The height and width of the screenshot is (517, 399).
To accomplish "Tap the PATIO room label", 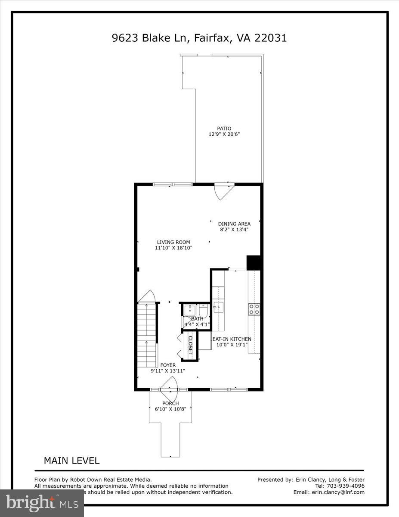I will (x=224, y=128).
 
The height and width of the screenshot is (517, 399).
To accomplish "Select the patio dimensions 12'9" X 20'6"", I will (x=224, y=134).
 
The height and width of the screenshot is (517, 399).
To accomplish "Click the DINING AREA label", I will (x=234, y=224).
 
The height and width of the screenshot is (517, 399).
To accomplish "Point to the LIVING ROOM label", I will (x=173, y=242).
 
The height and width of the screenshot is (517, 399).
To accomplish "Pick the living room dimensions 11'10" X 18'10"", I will (x=173, y=248).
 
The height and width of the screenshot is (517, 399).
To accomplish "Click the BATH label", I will (x=197, y=319).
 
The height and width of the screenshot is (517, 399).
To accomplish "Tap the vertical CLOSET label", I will (x=190, y=345).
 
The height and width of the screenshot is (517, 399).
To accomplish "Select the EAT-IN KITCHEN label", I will (x=232, y=339).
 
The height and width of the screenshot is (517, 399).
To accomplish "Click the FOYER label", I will (x=168, y=365).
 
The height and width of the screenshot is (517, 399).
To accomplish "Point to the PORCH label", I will (x=170, y=403).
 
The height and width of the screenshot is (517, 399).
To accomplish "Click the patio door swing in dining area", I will (x=223, y=191).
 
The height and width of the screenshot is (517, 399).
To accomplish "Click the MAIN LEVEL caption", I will (x=71, y=461).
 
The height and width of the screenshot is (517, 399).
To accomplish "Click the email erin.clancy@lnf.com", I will (x=340, y=492).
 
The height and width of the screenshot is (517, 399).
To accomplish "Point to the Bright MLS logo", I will (x=42, y=503).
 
